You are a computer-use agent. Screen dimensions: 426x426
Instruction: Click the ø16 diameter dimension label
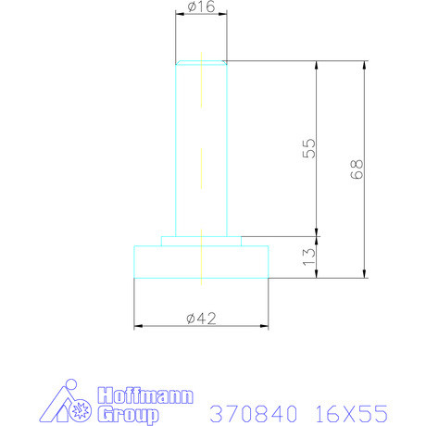click(x=201, y=7)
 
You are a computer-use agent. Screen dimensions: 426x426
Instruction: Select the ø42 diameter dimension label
click(x=201, y=318)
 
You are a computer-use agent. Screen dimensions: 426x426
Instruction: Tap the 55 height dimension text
click(x=309, y=148)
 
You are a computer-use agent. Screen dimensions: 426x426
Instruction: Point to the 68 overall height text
click(x=357, y=169)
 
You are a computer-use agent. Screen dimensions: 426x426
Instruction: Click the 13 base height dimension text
click(x=309, y=257)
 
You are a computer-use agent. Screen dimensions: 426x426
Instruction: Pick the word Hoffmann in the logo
click(x=144, y=395)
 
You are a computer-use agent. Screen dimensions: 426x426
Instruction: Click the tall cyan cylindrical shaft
click(x=201, y=148)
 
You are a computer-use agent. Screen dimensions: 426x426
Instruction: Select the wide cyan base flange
click(x=201, y=261)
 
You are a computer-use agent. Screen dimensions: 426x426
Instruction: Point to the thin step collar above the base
click(x=201, y=240)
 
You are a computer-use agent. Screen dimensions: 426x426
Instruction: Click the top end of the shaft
click(x=201, y=63)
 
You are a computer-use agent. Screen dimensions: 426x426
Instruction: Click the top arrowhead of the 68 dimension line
click(x=364, y=65)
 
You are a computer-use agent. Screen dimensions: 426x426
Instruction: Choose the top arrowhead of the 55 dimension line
click(x=317, y=65)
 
